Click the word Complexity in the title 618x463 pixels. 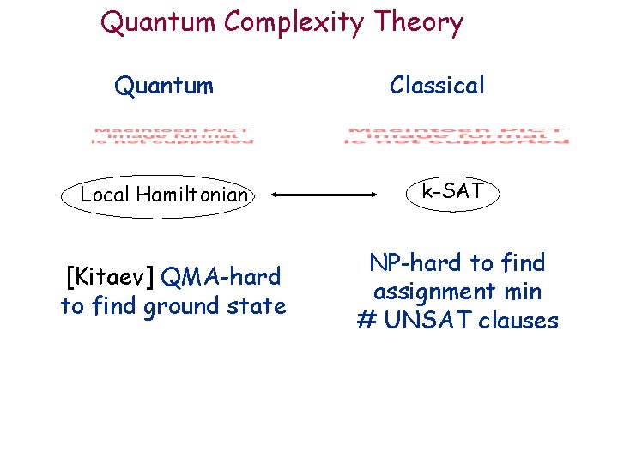[x=291, y=23]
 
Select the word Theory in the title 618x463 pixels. [x=420, y=23]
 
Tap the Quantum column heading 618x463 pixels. [x=164, y=85]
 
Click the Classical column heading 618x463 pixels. [x=437, y=85]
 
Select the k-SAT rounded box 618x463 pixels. [x=453, y=192]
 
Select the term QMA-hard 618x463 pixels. [x=221, y=277]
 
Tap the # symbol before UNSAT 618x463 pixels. [x=367, y=321]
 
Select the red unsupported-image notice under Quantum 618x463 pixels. [x=173, y=135]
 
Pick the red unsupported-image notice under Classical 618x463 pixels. [x=457, y=135]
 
